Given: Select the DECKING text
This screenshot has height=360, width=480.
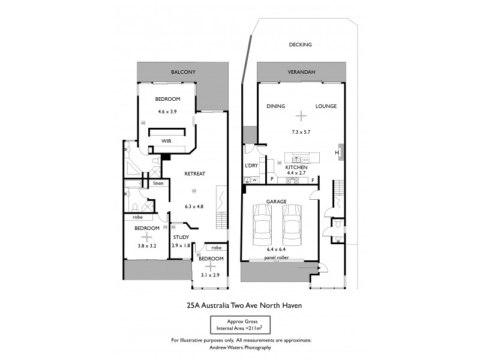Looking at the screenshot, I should pos(300,44).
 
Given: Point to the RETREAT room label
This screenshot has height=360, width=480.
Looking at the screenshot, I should pos(195,173).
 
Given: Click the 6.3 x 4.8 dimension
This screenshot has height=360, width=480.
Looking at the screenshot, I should pos(194,206).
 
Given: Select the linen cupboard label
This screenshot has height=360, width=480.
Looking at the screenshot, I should pos(158,183).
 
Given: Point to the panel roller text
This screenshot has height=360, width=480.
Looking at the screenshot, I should pos(278,259).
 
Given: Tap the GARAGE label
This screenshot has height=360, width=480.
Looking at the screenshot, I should pos(277,201).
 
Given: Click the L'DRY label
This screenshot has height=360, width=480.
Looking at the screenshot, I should pos(251,165).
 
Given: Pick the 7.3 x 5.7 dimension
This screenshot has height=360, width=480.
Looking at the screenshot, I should pos(299,131).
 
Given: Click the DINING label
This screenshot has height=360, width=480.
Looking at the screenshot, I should pos(275,106).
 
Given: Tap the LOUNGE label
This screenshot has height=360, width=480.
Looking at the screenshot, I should pos(326,106).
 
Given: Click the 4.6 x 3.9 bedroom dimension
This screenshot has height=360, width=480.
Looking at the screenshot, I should pos(167,112).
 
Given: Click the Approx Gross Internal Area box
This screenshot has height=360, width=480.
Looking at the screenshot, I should pos(240,325).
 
